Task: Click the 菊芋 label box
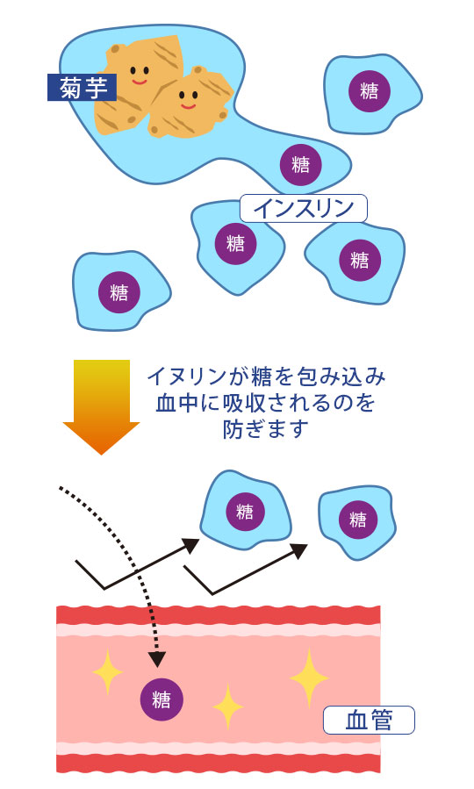pyautogui.click(x=82, y=88)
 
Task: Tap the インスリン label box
pyautogui.click(x=303, y=208)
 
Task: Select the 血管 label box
pyautogui.click(x=368, y=720)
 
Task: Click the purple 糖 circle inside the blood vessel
pyautogui.click(x=162, y=699)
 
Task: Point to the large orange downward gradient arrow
pyautogui.click(x=102, y=404)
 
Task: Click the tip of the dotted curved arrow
pyautogui.click(x=157, y=660)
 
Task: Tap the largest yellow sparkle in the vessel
pyautogui.click(x=309, y=678)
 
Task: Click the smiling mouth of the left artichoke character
pyautogui.click(x=140, y=81)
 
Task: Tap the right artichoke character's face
pyautogui.click(x=188, y=97)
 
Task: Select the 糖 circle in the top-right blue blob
pyautogui.click(x=370, y=91)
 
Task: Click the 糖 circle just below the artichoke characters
pyautogui.click(x=300, y=164)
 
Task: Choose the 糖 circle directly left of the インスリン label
pyautogui.click(x=235, y=243)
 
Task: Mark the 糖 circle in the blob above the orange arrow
pyautogui.click(x=118, y=292)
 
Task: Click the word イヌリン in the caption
pyautogui.click(x=175, y=377)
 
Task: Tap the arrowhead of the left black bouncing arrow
pyautogui.click(x=191, y=545)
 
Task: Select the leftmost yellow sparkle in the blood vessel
pyautogui.click(x=107, y=672)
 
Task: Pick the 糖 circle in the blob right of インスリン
pyautogui.click(x=360, y=260)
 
